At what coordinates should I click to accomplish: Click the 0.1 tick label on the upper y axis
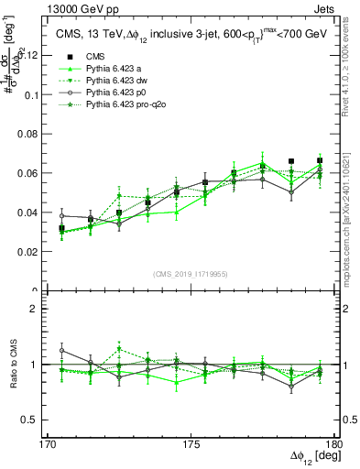coord(32,94)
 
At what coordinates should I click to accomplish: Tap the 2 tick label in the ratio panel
coord(38,310)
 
